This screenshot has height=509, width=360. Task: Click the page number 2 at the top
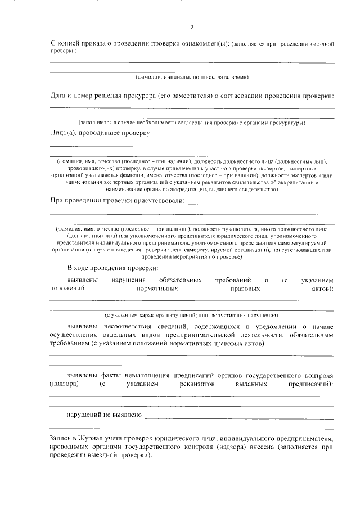[x=192, y=27]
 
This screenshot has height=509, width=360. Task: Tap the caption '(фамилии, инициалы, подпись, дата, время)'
[x=192, y=76]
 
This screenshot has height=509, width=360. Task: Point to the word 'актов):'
[x=322, y=289]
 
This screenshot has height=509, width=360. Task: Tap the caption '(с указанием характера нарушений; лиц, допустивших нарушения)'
[x=192, y=314]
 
